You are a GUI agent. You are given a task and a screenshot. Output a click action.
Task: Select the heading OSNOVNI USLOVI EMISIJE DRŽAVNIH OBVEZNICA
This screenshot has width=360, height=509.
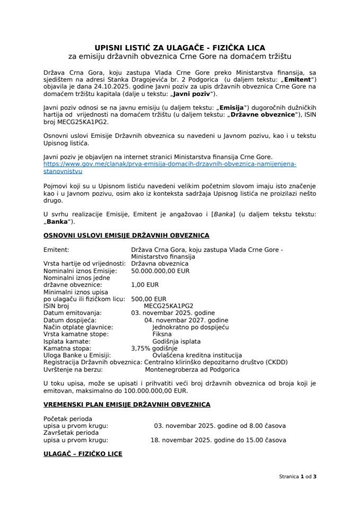[x=126, y=235]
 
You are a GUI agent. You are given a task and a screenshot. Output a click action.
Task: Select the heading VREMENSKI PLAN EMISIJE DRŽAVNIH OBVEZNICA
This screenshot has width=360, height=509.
[x=126, y=405]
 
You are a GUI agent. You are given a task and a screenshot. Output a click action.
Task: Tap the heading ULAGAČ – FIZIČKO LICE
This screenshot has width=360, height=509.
[x=83, y=454]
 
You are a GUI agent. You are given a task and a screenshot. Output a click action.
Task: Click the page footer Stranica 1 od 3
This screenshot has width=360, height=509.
[x=297, y=476]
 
